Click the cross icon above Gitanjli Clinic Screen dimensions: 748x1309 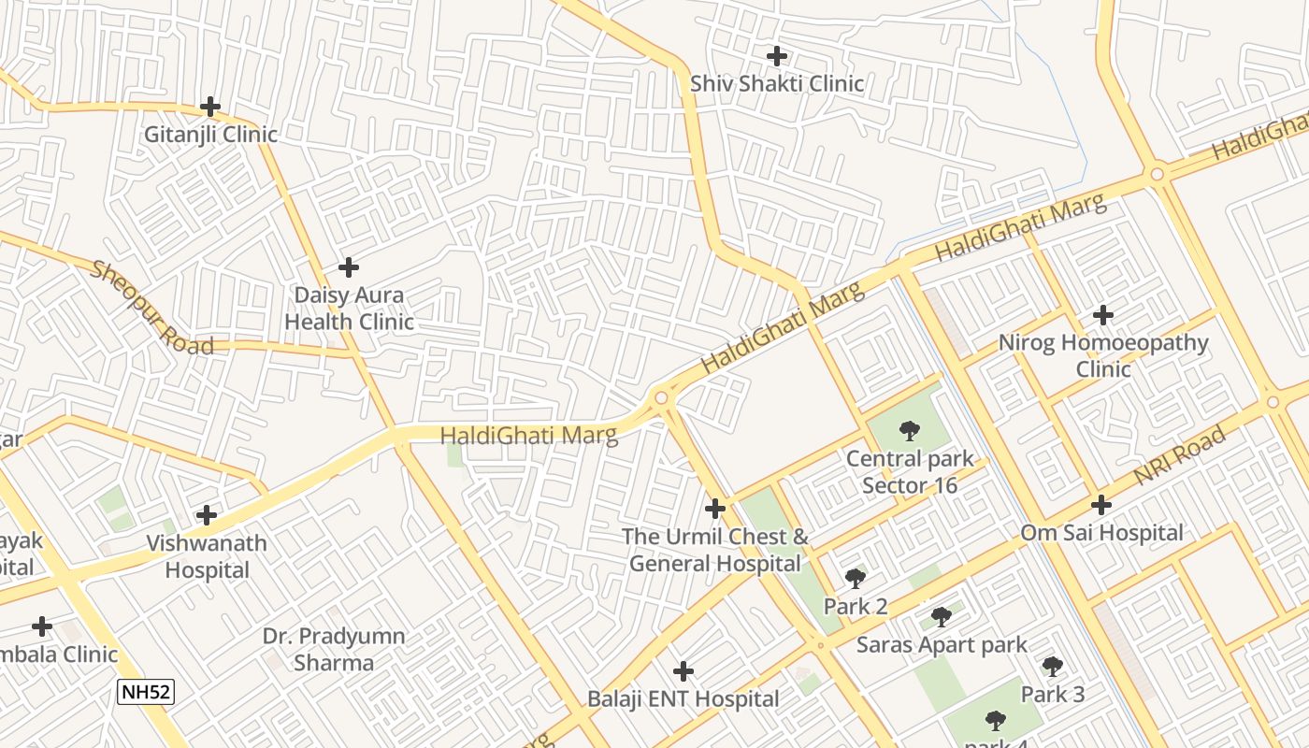click(x=210, y=107)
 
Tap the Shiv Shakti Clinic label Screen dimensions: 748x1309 click(x=777, y=84)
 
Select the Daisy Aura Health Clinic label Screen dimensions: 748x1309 click(x=349, y=309)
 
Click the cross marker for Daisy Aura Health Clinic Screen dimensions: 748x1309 click(x=349, y=267)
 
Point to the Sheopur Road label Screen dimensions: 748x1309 click(x=151, y=308)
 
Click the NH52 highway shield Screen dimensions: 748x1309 click(x=146, y=693)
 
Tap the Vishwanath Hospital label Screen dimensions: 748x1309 click(x=207, y=556)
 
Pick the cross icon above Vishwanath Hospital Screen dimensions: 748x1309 click(x=207, y=515)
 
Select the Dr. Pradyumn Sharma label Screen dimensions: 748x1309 click(x=334, y=650)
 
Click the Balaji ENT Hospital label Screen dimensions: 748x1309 click(x=683, y=699)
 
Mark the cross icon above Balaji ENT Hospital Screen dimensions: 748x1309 click(x=683, y=671)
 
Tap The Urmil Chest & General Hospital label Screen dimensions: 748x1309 click(x=715, y=550)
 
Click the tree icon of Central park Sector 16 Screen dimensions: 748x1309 click(x=910, y=431)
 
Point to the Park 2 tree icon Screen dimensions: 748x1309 click(x=855, y=579)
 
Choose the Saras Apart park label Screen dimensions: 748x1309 click(x=942, y=645)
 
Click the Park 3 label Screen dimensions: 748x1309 click(x=1053, y=695)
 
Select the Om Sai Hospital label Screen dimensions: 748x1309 click(x=1101, y=533)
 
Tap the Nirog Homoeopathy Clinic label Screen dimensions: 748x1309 click(x=1103, y=355)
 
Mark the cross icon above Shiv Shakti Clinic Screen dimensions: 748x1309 click(x=777, y=56)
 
